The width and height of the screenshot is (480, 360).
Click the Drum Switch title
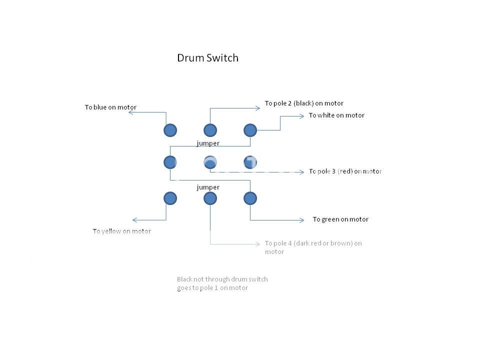tap(207, 58)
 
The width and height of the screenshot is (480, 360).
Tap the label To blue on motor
tap(110, 107)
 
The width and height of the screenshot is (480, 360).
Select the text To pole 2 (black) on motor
tap(304, 103)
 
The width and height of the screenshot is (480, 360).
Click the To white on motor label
tap(336, 115)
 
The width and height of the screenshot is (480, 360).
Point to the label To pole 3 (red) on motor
tap(345, 171)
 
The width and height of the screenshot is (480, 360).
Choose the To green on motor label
tap(340, 219)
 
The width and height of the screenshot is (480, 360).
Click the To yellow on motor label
tap(121, 231)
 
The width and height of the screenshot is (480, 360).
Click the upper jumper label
tap(208, 143)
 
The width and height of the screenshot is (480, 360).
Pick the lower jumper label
tap(208, 187)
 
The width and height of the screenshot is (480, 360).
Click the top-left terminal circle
tap(170, 130)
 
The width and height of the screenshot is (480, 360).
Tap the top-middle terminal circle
tap(210, 130)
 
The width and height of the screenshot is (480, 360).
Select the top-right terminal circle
tap(250, 130)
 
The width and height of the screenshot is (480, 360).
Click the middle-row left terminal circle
tap(170, 162)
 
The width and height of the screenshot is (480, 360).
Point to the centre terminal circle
tap(210, 162)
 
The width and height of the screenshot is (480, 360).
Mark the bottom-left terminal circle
tap(170, 198)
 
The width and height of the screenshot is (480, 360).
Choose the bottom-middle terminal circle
tap(210, 198)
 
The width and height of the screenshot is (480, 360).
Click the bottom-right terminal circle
tap(250, 198)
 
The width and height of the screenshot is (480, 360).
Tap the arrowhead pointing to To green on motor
tap(301, 220)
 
